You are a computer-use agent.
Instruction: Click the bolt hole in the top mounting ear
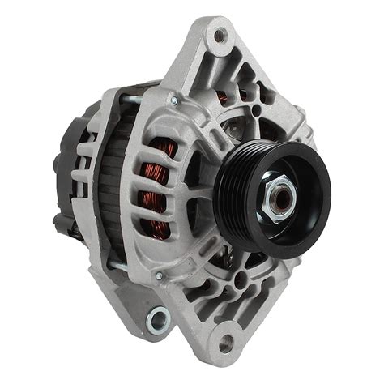coord(220,36)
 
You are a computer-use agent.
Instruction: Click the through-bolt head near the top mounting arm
coord(173,101)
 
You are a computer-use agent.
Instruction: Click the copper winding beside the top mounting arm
coord(221,99)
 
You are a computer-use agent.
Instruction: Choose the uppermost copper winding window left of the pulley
coord(158,150)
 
